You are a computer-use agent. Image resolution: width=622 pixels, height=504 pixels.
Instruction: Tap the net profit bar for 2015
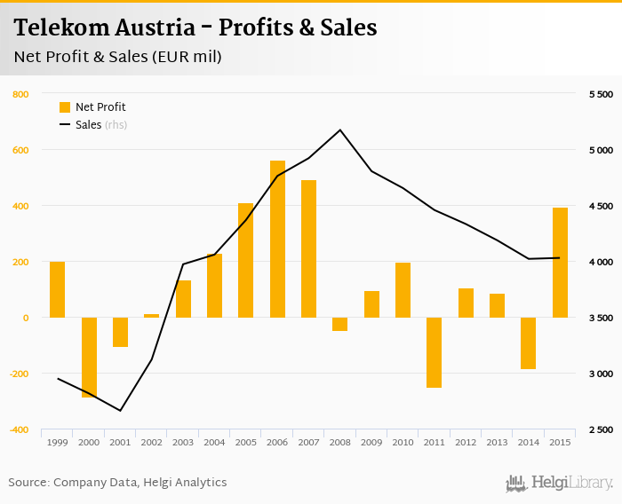tap(560, 263)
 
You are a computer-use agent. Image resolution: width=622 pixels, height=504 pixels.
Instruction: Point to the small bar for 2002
tap(151, 315)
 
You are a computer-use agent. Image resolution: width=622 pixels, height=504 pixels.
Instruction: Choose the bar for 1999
tap(57, 289)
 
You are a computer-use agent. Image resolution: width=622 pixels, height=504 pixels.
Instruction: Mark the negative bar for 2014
tap(528, 343)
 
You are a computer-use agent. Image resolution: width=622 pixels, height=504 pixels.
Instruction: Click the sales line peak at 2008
tap(340, 130)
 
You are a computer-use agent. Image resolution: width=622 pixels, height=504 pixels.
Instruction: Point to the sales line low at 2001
tap(120, 411)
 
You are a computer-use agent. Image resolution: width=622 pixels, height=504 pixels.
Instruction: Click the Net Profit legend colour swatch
tap(64, 107)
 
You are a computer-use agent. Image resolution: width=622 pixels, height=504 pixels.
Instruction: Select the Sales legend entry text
tap(88, 125)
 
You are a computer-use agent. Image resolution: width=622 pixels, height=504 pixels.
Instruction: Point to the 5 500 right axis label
tap(601, 94)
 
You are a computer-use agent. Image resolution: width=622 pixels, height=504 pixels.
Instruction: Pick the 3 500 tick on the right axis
tap(601, 318)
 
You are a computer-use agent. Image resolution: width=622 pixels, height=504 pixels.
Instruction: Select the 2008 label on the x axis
tap(340, 442)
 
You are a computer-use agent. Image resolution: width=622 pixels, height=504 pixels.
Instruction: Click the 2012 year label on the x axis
tap(466, 442)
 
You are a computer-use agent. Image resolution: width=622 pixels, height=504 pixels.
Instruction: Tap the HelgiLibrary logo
tap(559, 483)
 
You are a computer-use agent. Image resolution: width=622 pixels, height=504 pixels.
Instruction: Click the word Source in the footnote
tap(28, 483)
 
